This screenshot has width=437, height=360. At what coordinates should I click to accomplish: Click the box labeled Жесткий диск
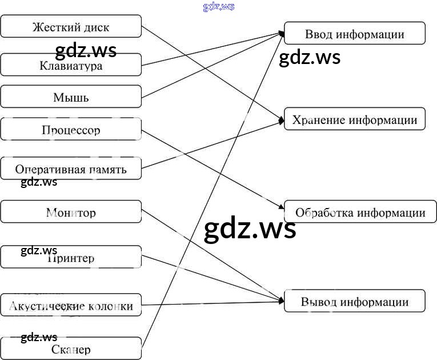click(x=71, y=27)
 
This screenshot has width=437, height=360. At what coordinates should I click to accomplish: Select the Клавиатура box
click(x=71, y=65)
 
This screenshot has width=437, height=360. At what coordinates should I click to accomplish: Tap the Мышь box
click(x=71, y=97)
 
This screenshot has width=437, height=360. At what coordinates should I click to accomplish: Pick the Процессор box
click(x=71, y=130)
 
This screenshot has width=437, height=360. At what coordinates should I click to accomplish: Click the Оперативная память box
click(x=71, y=169)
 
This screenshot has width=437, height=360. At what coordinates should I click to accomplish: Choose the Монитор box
click(x=71, y=213)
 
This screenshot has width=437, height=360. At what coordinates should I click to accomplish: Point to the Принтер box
click(x=71, y=258)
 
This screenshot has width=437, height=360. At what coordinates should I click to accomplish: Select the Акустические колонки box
click(x=71, y=306)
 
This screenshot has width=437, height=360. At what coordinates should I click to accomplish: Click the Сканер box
click(x=71, y=349)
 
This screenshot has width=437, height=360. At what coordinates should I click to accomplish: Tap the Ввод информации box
click(x=354, y=34)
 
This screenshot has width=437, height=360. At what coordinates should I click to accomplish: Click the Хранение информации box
click(x=354, y=119)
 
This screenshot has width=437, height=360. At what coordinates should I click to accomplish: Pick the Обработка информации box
click(x=360, y=213)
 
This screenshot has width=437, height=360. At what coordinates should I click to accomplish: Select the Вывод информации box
click(x=354, y=302)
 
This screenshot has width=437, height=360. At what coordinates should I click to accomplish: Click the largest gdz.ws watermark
click(x=250, y=229)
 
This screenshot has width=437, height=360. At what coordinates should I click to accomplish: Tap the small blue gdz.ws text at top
click(x=218, y=7)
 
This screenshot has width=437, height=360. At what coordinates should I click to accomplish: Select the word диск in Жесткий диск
click(x=95, y=27)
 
